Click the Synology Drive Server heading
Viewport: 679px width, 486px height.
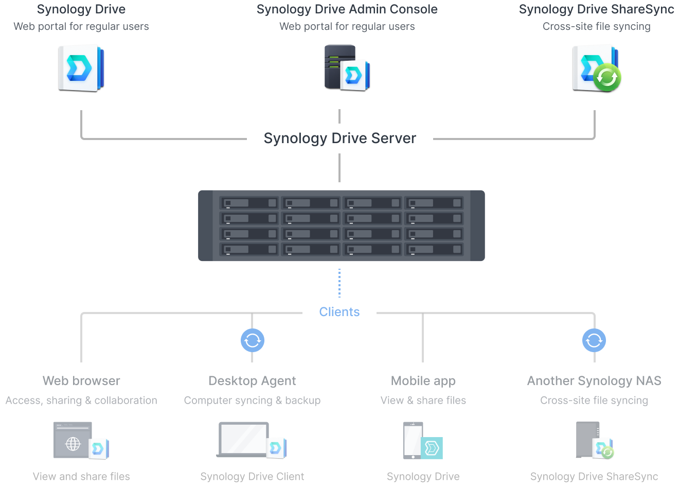tap(339, 138)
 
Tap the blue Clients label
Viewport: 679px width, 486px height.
tap(339, 312)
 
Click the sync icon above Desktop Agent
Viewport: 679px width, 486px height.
tap(253, 340)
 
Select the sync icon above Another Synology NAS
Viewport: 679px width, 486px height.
tap(594, 340)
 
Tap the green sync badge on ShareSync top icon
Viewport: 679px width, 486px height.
tap(607, 77)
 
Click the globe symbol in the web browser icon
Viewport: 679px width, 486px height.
tap(73, 443)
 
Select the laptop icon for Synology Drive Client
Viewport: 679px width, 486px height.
tap(244, 440)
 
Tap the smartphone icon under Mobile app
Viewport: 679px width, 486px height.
tap(413, 441)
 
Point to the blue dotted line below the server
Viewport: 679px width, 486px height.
tap(339, 283)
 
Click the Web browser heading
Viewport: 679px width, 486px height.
tap(81, 381)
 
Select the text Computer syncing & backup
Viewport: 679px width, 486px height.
tap(252, 401)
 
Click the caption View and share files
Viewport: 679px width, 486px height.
tap(81, 477)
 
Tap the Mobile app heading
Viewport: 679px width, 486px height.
tap(423, 381)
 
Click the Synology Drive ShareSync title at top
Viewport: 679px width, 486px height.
tap(596, 9)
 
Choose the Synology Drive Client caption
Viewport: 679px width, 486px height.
tap(252, 477)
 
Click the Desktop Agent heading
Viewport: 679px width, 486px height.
tap(252, 381)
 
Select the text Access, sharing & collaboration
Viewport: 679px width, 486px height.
tap(81, 401)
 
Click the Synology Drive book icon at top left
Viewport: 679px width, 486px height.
tap(81, 67)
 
